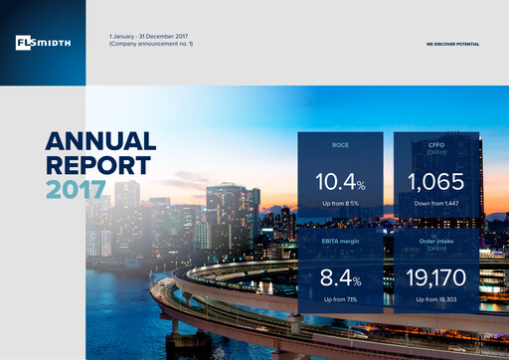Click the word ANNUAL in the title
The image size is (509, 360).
tap(100, 141)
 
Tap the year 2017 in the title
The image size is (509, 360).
tap(76, 188)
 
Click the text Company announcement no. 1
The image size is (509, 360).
tap(151, 44)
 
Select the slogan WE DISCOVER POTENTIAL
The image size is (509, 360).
tap(451, 45)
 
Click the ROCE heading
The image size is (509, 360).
tap(340, 145)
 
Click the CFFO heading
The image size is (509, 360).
tap(435, 145)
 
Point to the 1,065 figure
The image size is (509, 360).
tap(435, 182)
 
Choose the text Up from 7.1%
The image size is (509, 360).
tap(340, 299)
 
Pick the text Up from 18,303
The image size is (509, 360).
tap(435, 299)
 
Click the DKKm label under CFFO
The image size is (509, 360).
tap(435, 152)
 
